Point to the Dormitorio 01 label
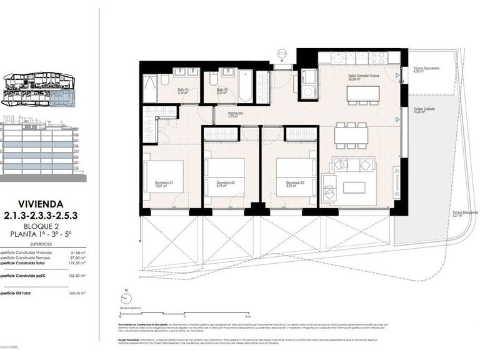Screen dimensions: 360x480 pyautogui.click(x=164, y=184)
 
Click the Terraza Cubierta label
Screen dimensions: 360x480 pyautogui.click(x=424, y=110)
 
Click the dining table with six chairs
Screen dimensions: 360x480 pyautogui.click(x=350, y=134)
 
